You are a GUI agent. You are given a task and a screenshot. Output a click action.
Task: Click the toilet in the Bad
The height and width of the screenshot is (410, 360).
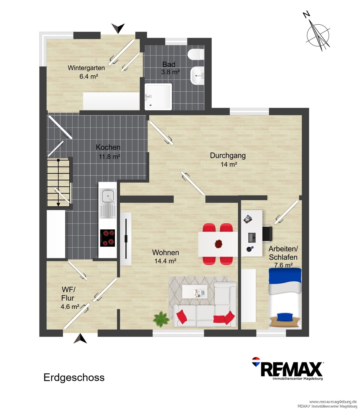tap(196, 54)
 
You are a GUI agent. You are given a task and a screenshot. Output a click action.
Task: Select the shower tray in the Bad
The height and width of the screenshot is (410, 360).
tap(158, 97)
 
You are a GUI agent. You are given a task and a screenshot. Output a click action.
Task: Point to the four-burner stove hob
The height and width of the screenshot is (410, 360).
tap(108, 238)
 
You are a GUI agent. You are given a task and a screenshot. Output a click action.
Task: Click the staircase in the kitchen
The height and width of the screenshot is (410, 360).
tap(58, 183)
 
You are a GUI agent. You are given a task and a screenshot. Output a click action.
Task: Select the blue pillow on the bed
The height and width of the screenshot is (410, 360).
tap(285, 317)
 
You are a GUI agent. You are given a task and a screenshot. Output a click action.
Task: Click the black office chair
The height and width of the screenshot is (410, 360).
tap(267, 234)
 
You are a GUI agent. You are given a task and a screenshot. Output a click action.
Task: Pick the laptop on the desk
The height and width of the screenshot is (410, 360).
tap(252, 237)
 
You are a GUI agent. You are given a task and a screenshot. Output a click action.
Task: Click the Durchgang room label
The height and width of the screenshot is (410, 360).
tap(228, 156)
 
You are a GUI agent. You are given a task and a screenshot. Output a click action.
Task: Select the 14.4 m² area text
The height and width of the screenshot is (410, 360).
tap(166, 261)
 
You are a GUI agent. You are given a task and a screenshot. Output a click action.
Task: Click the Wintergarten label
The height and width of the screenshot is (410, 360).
tap(86, 68)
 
